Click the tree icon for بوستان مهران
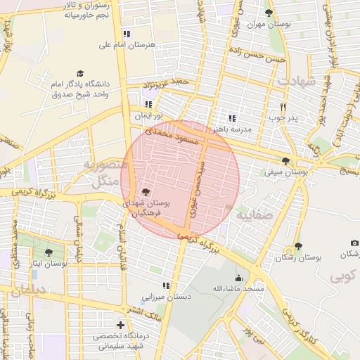(x=269, y=13)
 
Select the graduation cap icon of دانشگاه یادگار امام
(x=80, y=73)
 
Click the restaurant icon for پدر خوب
(x=283, y=107)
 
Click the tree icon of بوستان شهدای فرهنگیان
(x=146, y=191)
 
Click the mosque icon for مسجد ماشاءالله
(x=238, y=278)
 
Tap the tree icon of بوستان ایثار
(x=49, y=252)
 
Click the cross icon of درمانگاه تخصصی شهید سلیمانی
(x=121, y=326)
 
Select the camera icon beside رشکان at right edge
(x=354, y=243)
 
